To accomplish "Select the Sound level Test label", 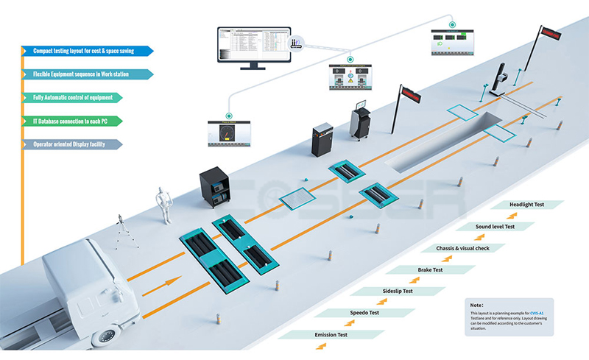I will [x=494, y=227].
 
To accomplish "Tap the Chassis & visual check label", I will [x=462, y=248].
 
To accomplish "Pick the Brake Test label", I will [x=429, y=270].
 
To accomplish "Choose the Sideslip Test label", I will [x=397, y=292].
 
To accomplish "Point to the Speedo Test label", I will [x=364, y=313].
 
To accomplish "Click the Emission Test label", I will [x=331, y=335].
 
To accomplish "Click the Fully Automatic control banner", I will [x=74, y=97].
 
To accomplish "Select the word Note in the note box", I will [x=477, y=304].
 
